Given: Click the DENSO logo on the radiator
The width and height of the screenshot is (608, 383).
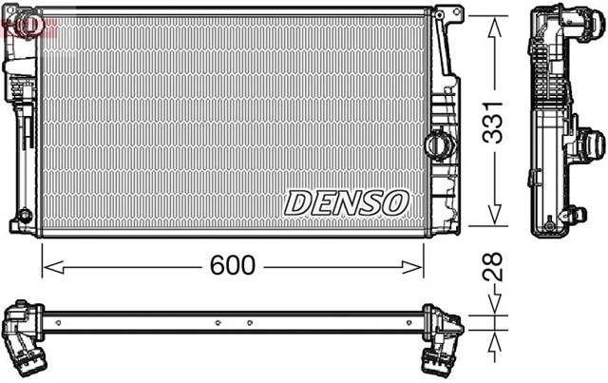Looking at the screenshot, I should [x=346, y=202].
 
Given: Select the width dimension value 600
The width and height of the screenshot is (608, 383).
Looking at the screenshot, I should [x=233, y=266].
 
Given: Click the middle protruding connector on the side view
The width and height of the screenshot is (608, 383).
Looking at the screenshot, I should [x=590, y=144].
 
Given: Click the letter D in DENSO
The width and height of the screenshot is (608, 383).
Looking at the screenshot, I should [x=297, y=202].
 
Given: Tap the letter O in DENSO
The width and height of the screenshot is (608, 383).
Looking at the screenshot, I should [x=395, y=202].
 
